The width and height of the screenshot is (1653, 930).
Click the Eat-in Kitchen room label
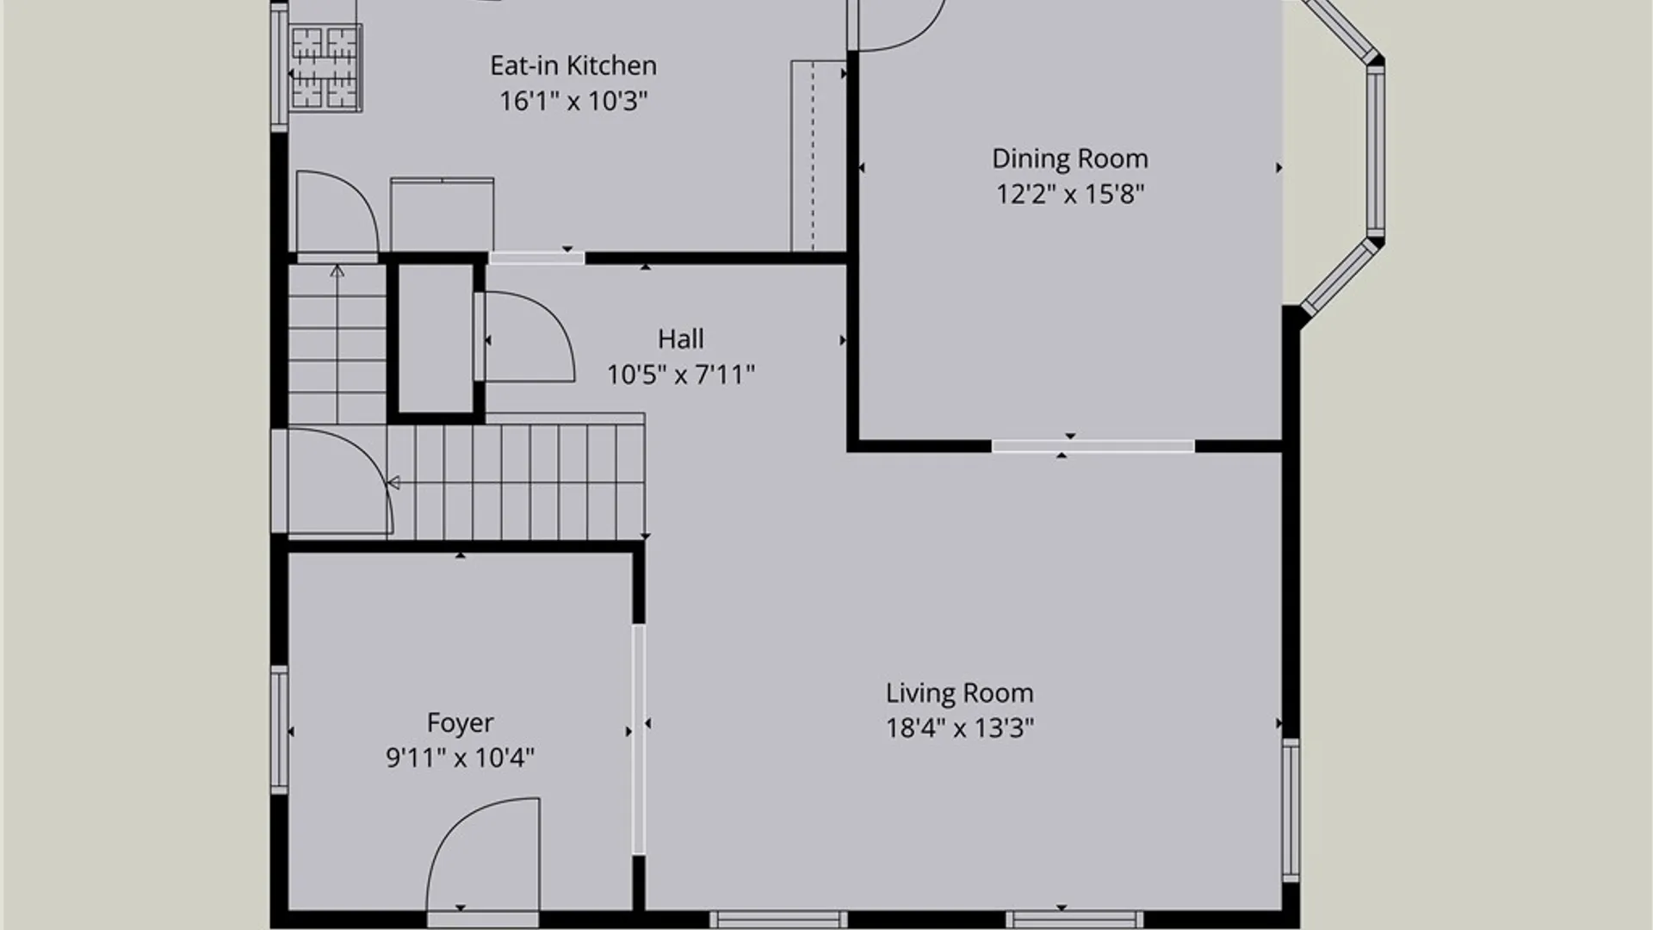point(573,65)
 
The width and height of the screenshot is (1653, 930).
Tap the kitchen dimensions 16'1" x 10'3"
point(573,101)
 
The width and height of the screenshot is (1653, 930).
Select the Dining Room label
point(1070,158)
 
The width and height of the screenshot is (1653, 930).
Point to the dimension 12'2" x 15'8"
point(1070,194)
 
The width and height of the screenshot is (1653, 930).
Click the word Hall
point(680,339)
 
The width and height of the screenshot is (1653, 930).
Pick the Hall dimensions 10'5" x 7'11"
point(680,375)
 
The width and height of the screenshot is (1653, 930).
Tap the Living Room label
point(960,693)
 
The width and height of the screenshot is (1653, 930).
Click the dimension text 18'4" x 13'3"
point(960,728)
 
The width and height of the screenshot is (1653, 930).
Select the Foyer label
point(461,723)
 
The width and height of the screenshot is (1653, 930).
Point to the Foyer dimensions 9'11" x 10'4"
point(461,758)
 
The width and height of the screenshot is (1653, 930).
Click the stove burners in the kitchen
point(325,68)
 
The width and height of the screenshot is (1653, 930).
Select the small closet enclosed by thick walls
point(436,338)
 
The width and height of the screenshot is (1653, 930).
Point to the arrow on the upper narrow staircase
point(337,344)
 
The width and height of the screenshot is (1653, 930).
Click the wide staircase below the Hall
point(517,480)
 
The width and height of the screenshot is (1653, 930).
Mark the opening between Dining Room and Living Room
point(1093,446)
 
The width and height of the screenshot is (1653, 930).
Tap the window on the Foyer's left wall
point(280,730)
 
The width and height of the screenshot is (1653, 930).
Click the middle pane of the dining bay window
point(1376,151)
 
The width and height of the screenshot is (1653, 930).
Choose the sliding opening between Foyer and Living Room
point(639,739)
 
